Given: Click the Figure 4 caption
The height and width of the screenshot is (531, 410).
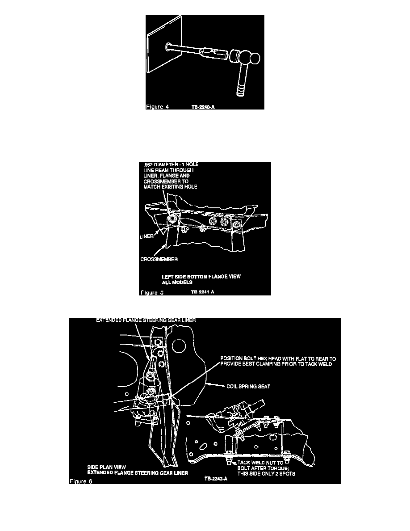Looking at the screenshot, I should [x=157, y=106].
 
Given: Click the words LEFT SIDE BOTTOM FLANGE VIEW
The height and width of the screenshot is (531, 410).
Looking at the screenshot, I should [x=201, y=277].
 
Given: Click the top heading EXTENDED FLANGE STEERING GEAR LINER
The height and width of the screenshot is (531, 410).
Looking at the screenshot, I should [x=146, y=320].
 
